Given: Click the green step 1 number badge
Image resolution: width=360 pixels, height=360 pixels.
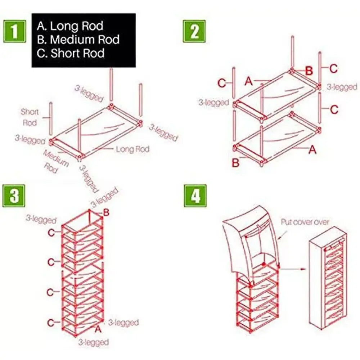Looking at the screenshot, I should pyautogui.click(x=15, y=31).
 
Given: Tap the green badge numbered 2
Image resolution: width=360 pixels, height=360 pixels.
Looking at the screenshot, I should pyautogui.click(x=195, y=31).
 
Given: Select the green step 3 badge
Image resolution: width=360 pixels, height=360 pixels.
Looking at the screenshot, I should pyautogui.click(x=14, y=196).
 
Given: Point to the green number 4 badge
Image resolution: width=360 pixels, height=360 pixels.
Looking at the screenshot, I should pyautogui.click(x=195, y=196).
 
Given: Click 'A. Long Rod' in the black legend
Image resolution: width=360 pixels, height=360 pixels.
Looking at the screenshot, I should pyautogui.click(x=70, y=26).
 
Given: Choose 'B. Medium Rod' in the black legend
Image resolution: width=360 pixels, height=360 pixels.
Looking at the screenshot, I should pyautogui.click(x=78, y=39).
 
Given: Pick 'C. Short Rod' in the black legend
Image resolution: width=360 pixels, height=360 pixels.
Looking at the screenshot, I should pyautogui.click(x=71, y=53).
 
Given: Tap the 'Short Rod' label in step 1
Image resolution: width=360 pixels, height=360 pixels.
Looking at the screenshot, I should pyautogui.click(x=30, y=117).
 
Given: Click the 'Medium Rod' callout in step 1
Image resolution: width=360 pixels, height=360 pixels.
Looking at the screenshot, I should pyautogui.click(x=56, y=161).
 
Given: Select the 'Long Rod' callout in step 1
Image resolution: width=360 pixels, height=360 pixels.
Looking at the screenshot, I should pyautogui.click(x=132, y=149).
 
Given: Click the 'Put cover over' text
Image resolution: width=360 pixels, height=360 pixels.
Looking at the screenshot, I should pyautogui.click(x=305, y=222).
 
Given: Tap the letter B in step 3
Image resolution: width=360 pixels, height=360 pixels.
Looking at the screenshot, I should pyautogui.click(x=106, y=213).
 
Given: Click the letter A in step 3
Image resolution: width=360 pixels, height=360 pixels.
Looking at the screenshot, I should pyautogui.click(x=97, y=328).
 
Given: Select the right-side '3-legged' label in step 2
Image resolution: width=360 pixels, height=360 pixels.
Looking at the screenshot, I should pyautogui.click(x=342, y=87).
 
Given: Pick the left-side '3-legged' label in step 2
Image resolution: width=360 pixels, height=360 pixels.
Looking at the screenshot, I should pyautogui.click(x=213, y=103).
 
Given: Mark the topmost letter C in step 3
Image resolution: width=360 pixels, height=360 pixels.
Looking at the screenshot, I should pyautogui.click(x=51, y=233).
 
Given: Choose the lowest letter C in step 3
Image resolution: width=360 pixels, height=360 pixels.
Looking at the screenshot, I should pyautogui.click(x=51, y=322).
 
